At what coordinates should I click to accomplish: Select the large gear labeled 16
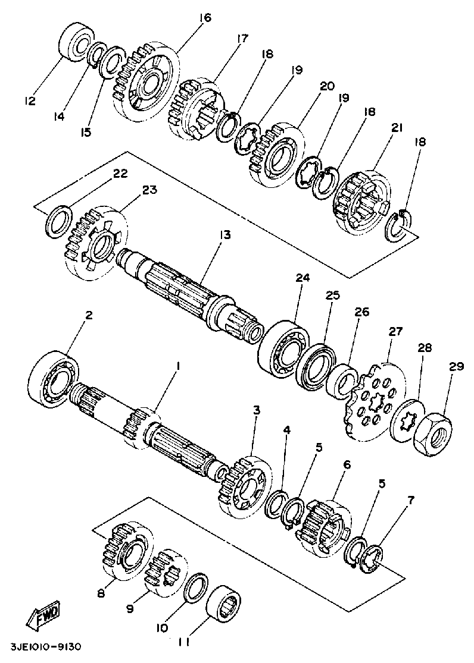[146, 79]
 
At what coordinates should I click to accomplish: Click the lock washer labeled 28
[406, 419]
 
